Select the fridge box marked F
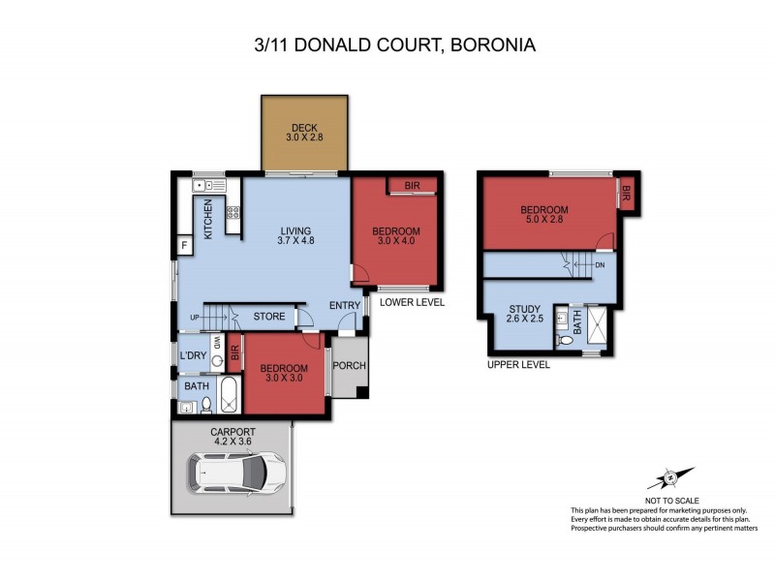(184, 246)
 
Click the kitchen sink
(207, 184)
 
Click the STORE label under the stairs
(268, 316)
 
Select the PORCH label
(348, 366)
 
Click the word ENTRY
(344, 306)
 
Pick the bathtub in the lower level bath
(230, 395)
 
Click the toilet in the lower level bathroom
(206, 407)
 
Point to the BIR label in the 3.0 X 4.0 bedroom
(411, 186)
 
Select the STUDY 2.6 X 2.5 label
(524, 316)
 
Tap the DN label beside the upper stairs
(600, 263)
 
